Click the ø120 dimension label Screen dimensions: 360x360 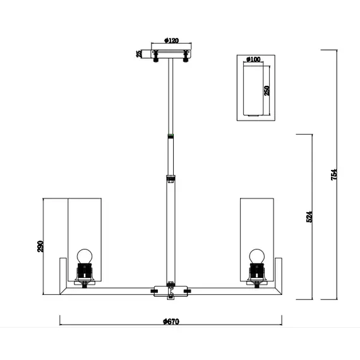point(171,40)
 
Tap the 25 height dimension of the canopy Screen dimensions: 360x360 point(139,54)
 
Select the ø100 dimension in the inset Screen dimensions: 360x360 point(253,59)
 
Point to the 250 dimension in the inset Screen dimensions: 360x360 point(267,90)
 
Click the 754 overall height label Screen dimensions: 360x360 point(334,174)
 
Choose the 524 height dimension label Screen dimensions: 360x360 point(309,217)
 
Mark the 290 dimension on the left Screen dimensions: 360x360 point(40,246)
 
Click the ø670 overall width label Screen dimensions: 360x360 point(171,321)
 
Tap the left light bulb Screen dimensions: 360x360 point(85,256)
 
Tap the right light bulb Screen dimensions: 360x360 point(257,256)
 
